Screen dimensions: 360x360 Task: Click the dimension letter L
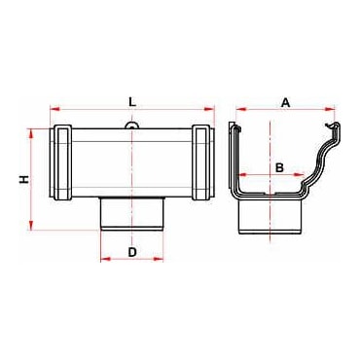(131, 102)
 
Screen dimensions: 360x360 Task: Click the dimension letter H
(24, 179)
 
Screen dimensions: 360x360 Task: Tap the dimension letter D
(132, 252)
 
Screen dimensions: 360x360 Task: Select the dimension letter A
(285, 103)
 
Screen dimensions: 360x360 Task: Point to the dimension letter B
(279, 167)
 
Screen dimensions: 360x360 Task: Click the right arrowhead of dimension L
(209, 109)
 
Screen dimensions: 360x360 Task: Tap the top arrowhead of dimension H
(31, 134)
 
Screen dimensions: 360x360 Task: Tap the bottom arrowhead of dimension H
(31, 225)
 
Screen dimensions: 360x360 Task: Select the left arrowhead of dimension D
(106, 259)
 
